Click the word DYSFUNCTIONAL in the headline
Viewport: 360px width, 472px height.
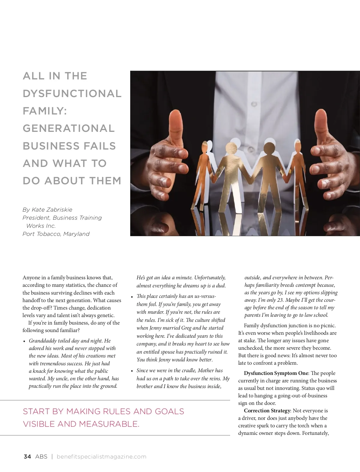(72, 94)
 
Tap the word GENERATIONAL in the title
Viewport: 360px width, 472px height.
(69, 129)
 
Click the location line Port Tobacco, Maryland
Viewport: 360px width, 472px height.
(56, 234)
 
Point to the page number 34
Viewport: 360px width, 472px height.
(27, 457)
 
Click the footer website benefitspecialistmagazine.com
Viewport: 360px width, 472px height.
(101, 457)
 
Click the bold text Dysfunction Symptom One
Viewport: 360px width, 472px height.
(276, 373)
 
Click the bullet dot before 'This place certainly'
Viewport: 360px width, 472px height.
(132, 297)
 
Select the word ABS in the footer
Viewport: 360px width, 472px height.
(41, 457)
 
